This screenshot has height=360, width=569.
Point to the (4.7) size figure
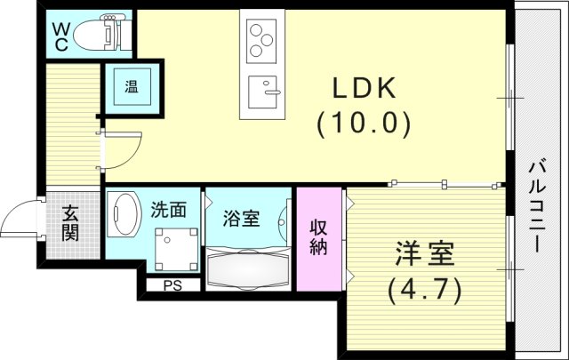click(x=424, y=288)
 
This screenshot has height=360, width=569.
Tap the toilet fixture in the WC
click(x=100, y=34)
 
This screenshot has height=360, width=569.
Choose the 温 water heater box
click(x=131, y=87)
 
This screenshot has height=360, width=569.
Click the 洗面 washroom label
click(x=168, y=211)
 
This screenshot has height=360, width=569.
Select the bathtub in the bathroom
click(x=249, y=267)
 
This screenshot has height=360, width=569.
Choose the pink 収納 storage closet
click(x=317, y=237)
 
